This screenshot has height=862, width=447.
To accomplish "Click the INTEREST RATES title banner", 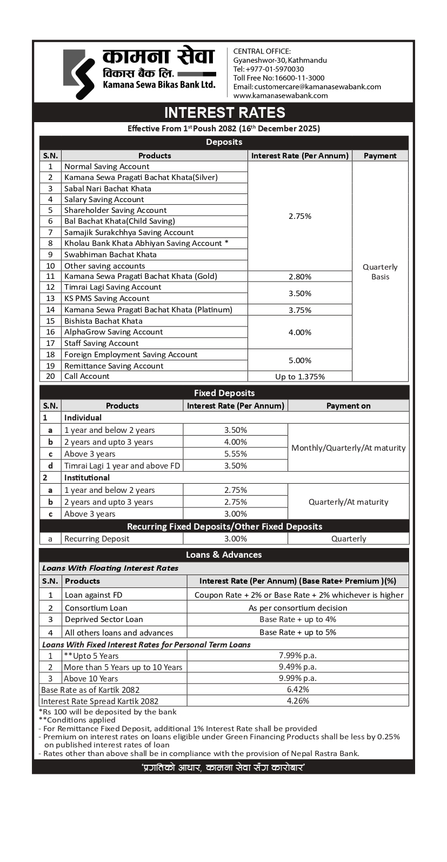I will (x=224, y=112).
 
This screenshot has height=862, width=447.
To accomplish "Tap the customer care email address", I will (x=307, y=86).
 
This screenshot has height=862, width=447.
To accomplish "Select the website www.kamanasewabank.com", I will (x=281, y=95).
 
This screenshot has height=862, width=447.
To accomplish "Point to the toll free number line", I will (x=279, y=78).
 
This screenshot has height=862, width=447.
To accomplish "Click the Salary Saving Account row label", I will (x=104, y=199).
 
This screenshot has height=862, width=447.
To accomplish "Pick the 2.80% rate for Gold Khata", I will (x=300, y=277).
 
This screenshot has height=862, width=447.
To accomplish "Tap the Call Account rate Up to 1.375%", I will (x=300, y=377).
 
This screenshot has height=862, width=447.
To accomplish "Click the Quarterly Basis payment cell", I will (x=380, y=272).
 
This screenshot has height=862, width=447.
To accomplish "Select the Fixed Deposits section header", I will (x=224, y=393).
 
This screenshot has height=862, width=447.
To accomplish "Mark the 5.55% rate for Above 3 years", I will (x=236, y=454).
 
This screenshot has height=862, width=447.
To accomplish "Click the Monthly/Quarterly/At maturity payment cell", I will (x=348, y=448).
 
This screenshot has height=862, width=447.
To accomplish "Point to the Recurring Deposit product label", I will (x=97, y=539).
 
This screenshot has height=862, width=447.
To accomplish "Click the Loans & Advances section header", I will (x=224, y=554).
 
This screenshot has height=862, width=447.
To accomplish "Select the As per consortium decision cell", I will (x=298, y=608).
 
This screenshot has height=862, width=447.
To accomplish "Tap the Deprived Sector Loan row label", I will (x=104, y=619).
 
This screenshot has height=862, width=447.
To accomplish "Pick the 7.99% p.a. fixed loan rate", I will (x=298, y=656).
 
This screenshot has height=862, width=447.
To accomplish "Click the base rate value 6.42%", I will (x=298, y=690).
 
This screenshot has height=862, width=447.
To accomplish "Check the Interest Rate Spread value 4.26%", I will (x=298, y=701).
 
